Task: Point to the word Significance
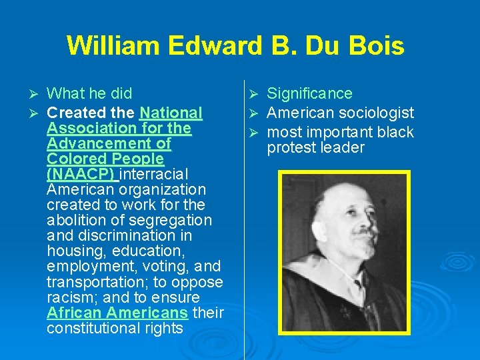coord(309,94)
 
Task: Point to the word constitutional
coord(93,328)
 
